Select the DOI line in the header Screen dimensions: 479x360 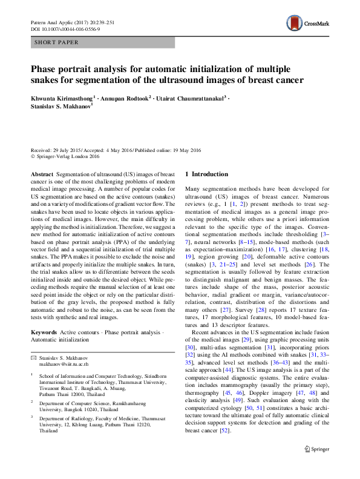click(x=65, y=28)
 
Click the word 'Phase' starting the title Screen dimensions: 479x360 click(x=44, y=69)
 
